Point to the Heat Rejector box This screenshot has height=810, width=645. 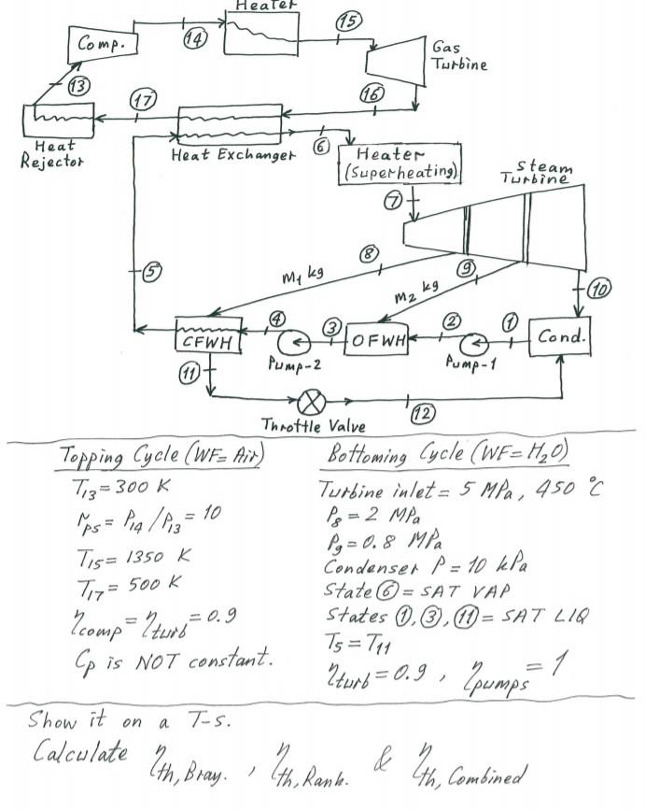57,121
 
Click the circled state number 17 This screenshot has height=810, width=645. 141,100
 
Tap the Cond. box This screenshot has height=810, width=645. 561,336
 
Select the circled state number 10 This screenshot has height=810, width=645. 598,290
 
